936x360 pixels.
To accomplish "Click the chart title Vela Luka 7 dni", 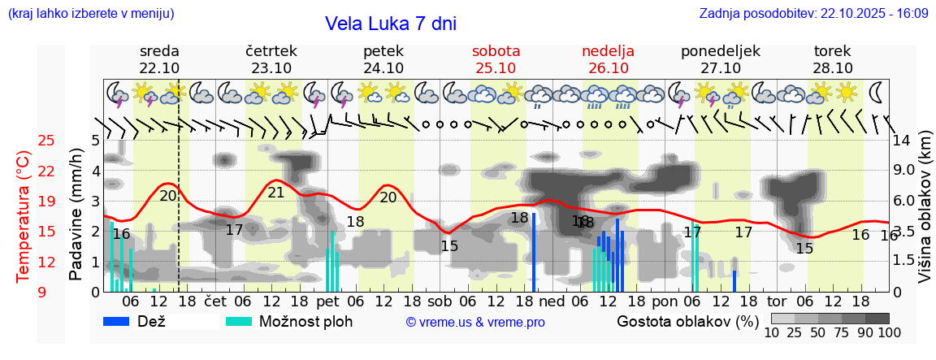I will [x=390, y=24].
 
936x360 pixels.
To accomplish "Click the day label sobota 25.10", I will [x=496, y=59].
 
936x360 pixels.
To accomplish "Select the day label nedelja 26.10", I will [x=608, y=59].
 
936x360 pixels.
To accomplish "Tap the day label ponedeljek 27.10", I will [x=720, y=59].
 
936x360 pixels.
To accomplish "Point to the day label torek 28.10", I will [x=832, y=59].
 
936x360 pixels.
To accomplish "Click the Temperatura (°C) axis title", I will [x=24, y=217].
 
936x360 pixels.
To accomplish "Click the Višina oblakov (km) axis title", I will [x=925, y=217].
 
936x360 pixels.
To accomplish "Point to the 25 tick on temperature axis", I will [x=46, y=141].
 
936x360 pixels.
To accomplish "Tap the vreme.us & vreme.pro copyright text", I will [x=474, y=323].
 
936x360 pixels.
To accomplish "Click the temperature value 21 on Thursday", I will [x=276, y=193].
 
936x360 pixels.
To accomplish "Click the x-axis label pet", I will [x=327, y=301].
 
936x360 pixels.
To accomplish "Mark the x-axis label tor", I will [x=778, y=301].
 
